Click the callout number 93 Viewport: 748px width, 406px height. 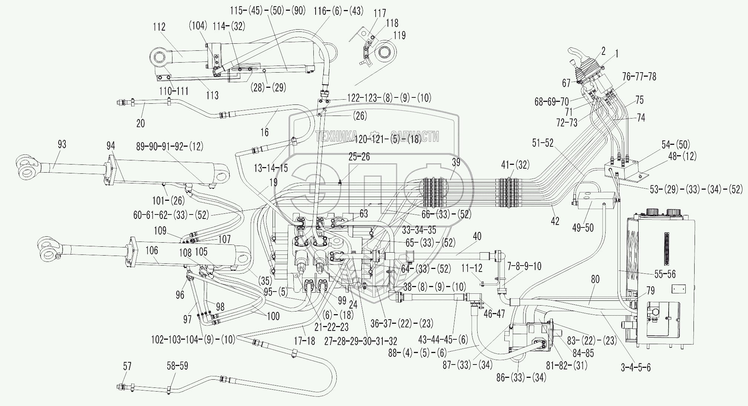click(62, 144)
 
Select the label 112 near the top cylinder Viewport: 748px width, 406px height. click(159, 27)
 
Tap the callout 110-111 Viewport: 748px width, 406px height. click(174, 91)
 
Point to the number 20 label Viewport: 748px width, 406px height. click(141, 123)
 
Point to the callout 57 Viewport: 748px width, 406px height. click(127, 366)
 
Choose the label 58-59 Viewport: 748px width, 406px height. click(177, 366)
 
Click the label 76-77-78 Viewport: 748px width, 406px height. click(639, 77)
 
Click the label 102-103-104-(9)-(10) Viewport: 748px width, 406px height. click(193, 339)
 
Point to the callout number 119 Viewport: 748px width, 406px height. click(399, 36)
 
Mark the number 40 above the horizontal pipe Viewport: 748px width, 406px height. click(477, 236)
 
